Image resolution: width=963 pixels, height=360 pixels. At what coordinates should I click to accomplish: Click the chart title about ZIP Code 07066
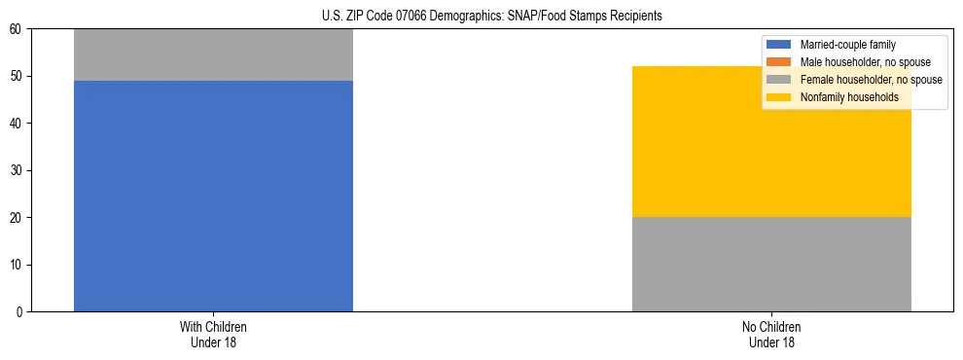491,16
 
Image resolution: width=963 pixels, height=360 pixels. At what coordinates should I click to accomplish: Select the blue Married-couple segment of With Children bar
213,195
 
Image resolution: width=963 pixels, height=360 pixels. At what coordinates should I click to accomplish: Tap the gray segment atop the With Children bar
213,54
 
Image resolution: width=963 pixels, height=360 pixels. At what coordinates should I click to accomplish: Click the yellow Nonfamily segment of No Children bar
771,141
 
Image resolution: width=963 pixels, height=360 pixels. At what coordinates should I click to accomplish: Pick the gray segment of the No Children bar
771,264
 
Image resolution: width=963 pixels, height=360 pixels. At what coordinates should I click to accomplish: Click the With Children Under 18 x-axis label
213,334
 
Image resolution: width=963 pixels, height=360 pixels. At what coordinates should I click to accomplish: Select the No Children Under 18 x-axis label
771,334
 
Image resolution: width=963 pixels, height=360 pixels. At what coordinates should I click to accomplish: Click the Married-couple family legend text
847,45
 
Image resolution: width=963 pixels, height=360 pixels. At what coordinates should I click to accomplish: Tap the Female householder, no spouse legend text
871,80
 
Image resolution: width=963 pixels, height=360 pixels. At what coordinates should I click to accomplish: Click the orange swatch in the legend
779,62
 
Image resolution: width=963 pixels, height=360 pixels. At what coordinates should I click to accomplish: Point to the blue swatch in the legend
779,45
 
